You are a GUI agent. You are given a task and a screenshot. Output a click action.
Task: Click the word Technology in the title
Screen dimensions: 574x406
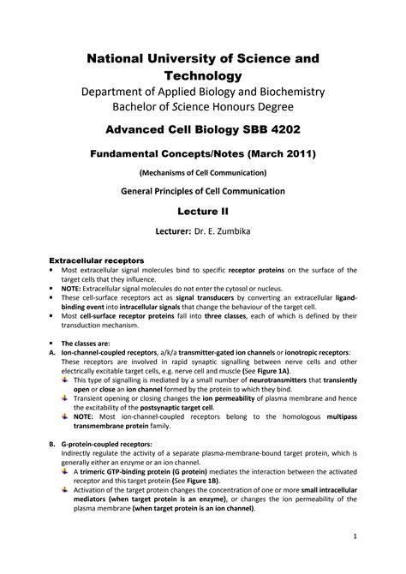point(202,76)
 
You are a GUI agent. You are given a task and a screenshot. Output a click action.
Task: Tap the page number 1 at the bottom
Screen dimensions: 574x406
point(354,535)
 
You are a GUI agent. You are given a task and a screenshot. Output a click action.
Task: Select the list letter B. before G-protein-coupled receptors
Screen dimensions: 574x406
point(54,444)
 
